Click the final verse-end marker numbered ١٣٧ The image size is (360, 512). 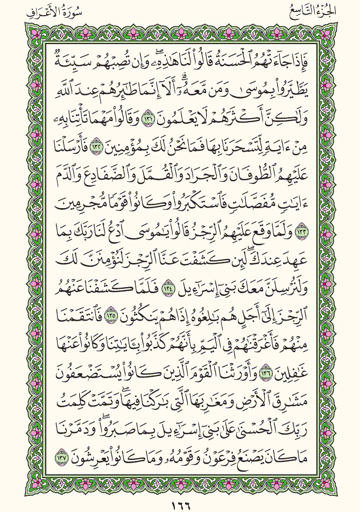(51, 458)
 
